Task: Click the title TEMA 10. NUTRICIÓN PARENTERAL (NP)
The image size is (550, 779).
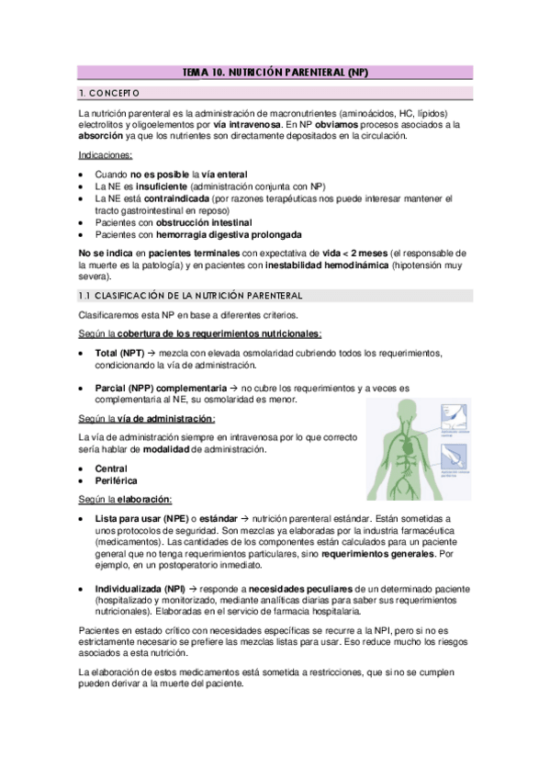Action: click(275, 71)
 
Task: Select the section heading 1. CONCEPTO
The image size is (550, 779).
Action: click(108, 93)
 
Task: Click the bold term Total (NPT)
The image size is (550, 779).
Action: click(120, 353)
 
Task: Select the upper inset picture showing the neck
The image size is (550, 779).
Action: click(453, 414)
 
